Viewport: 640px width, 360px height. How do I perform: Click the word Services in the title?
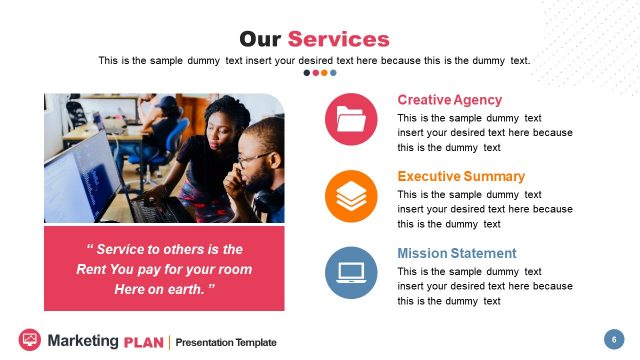(x=338, y=39)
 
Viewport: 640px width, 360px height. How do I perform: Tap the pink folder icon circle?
(x=351, y=119)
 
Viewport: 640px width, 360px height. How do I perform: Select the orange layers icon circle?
(x=351, y=196)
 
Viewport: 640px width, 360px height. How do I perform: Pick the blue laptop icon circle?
(x=351, y=272)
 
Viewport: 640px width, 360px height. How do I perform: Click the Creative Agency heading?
(x=449, y=100)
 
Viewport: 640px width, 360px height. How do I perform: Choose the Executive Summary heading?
(x=460, y=177)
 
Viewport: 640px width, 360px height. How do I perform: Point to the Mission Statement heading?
(x=456, y=253)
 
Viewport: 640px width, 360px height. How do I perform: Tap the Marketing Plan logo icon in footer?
(x=29, y=340)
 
